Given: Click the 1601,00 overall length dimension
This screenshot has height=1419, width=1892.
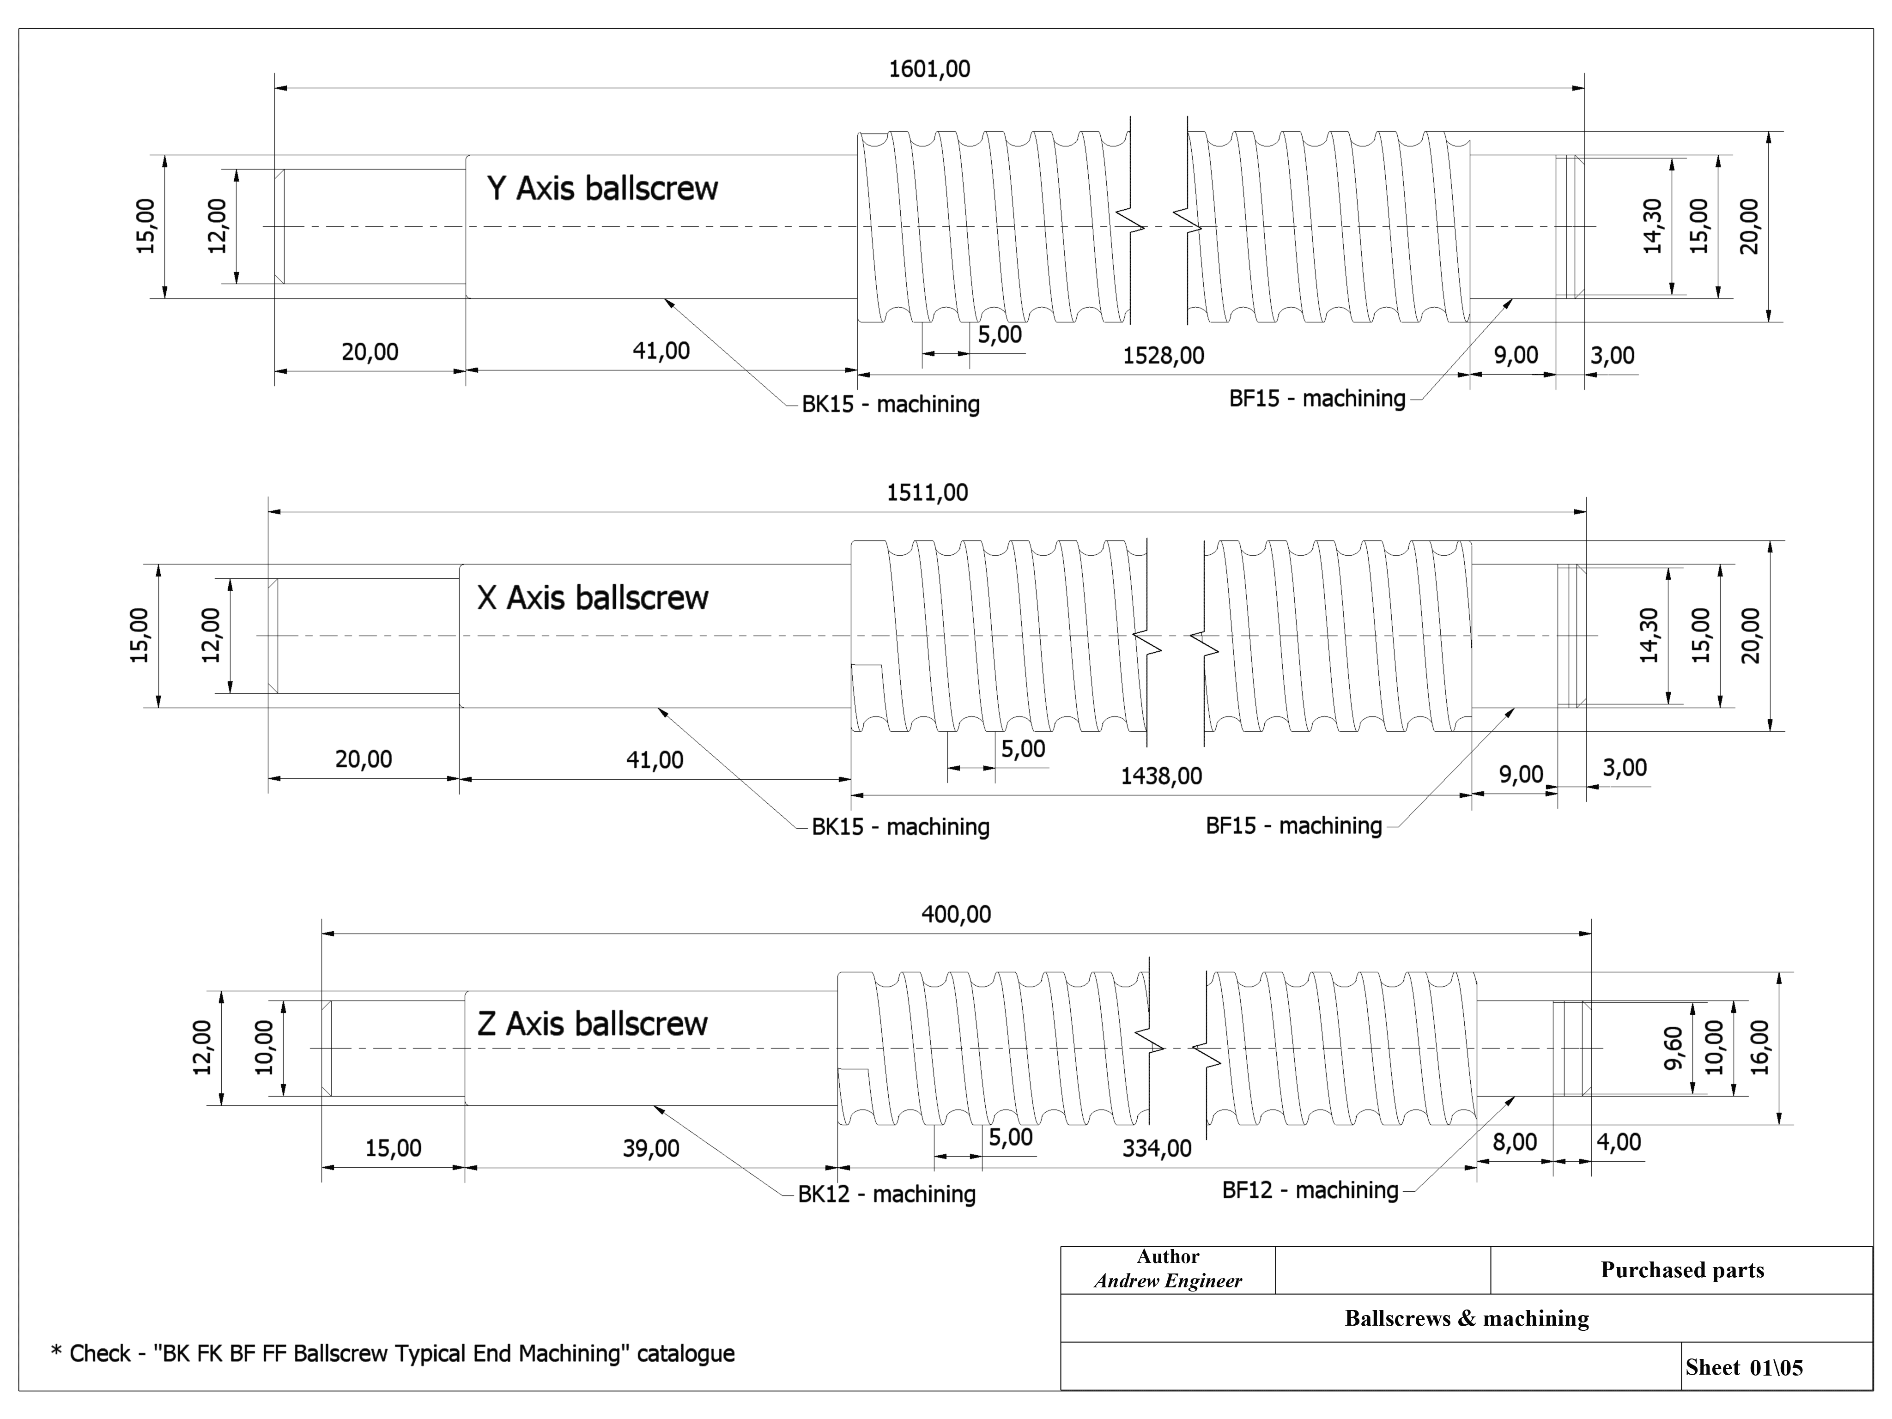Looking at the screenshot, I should (x=930, y=69).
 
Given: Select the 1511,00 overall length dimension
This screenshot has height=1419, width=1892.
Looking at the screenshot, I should (x=927, y=493).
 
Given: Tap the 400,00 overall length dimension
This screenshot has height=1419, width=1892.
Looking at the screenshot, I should (x=956, y=914).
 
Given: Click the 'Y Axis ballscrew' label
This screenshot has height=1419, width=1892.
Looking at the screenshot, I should (x=602, y=188).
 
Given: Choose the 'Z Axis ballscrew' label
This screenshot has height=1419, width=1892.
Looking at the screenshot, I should (x=592, y=1024).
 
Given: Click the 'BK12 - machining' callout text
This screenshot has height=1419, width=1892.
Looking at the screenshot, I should (x=886, y=1194).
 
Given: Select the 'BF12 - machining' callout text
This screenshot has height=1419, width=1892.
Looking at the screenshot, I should (x=1310, y=1190).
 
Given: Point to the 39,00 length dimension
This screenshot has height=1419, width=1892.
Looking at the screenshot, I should (x=651, y=1148).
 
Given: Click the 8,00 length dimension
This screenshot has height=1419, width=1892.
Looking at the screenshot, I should (x=1515, y=1143).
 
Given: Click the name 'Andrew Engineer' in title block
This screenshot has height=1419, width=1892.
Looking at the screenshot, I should (x=1168, y=1281).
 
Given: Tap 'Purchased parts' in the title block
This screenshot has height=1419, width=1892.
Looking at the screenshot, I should (x=1681, y=1270).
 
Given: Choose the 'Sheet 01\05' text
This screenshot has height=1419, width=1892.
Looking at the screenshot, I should (x=1744, y=1368).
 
